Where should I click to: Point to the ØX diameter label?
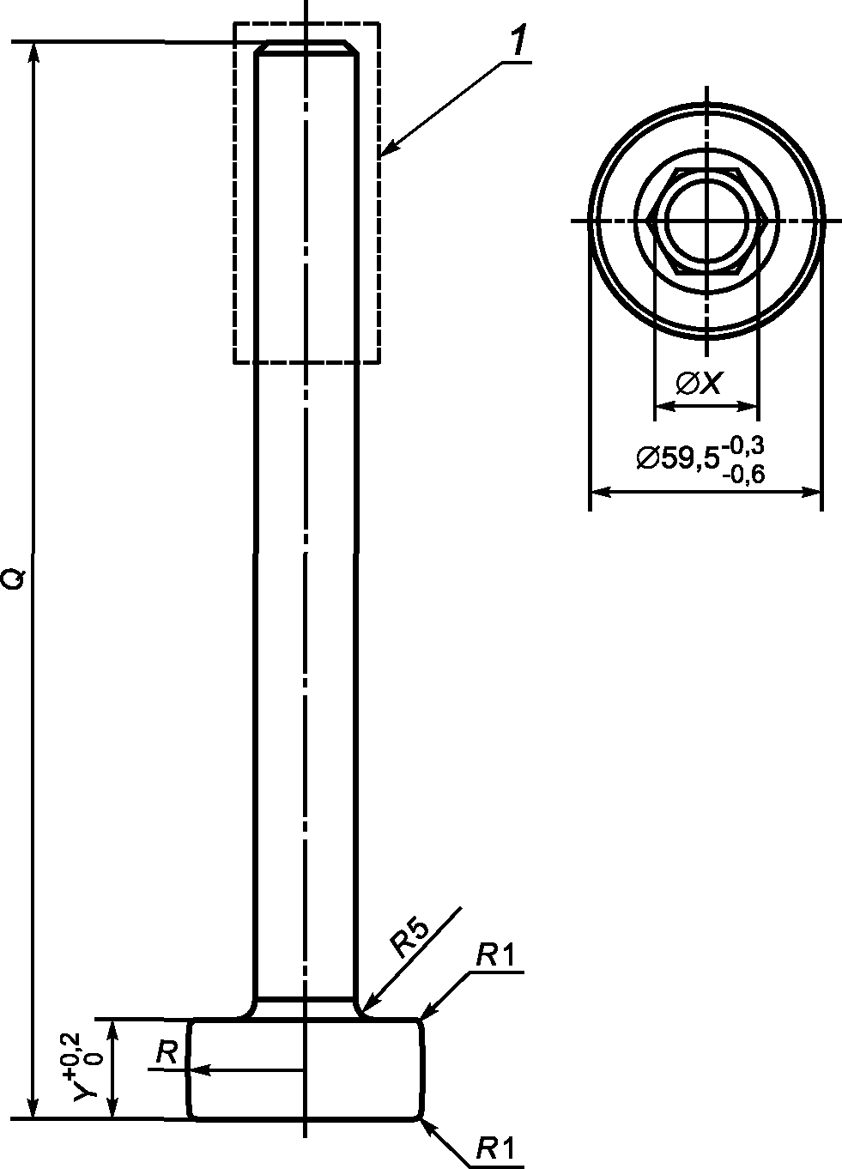coord(699,384)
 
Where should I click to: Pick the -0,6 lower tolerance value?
coord(744,475)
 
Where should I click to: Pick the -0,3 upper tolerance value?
coord(744,445)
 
